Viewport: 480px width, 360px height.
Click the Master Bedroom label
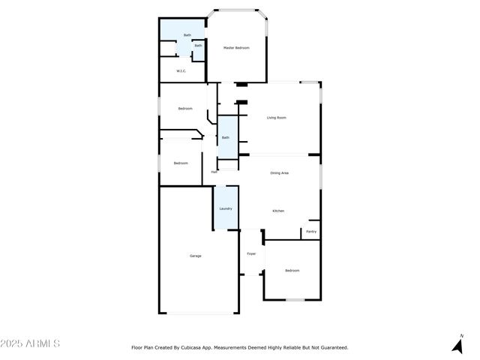236,48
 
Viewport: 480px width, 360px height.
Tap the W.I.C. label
181,71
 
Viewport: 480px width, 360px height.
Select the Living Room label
277,118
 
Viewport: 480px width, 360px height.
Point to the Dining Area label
280,173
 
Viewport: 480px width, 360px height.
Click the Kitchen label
277,211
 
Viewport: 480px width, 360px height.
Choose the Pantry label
311,232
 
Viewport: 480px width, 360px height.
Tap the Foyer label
251,253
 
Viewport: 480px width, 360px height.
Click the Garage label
195,256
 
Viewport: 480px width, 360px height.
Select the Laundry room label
225,208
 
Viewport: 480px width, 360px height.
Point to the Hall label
214,172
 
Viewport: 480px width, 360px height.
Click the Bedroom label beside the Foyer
292,270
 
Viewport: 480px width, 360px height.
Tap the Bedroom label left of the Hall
181,163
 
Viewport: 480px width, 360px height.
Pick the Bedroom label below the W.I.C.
185,109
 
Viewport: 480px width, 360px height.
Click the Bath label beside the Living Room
225,137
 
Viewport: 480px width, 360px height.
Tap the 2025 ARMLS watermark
30,343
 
